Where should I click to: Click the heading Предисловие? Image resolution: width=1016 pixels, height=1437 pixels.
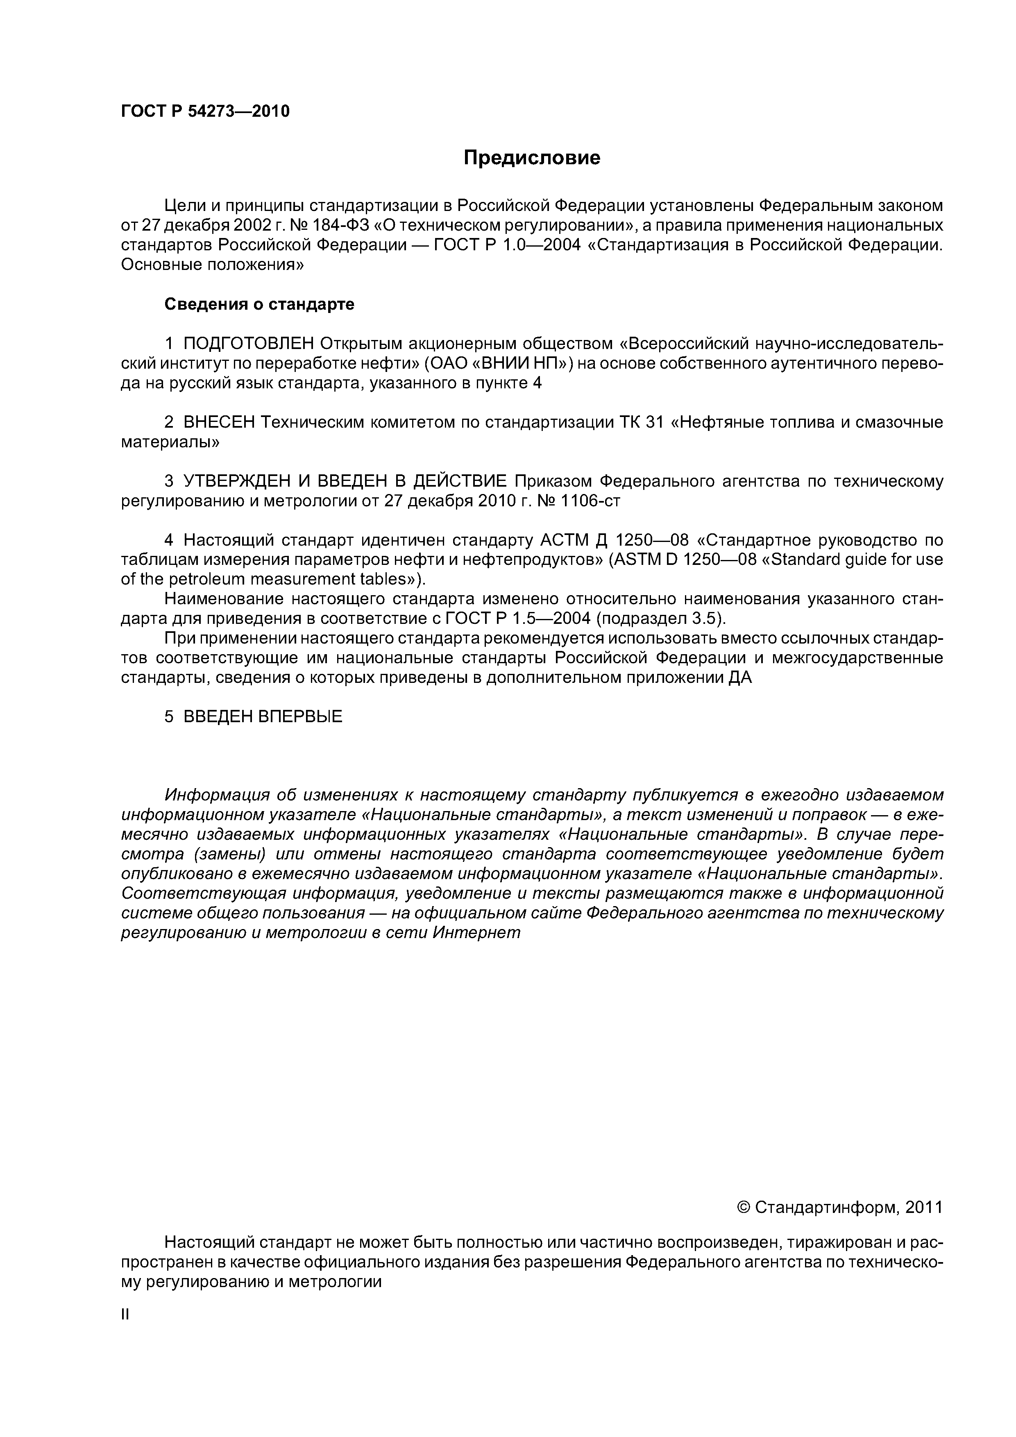tap(531, 158)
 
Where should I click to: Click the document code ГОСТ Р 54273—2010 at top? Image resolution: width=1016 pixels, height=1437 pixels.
tap(205, 111)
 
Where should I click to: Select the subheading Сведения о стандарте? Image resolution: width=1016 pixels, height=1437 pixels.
tap(259, 304)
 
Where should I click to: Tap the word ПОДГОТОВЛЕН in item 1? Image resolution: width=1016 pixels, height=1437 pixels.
tap(249, 344)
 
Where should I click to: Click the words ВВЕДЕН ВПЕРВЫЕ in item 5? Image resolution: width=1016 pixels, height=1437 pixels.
tap(263, 716)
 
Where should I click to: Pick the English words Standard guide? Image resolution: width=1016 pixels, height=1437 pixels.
tap(823, 559)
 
